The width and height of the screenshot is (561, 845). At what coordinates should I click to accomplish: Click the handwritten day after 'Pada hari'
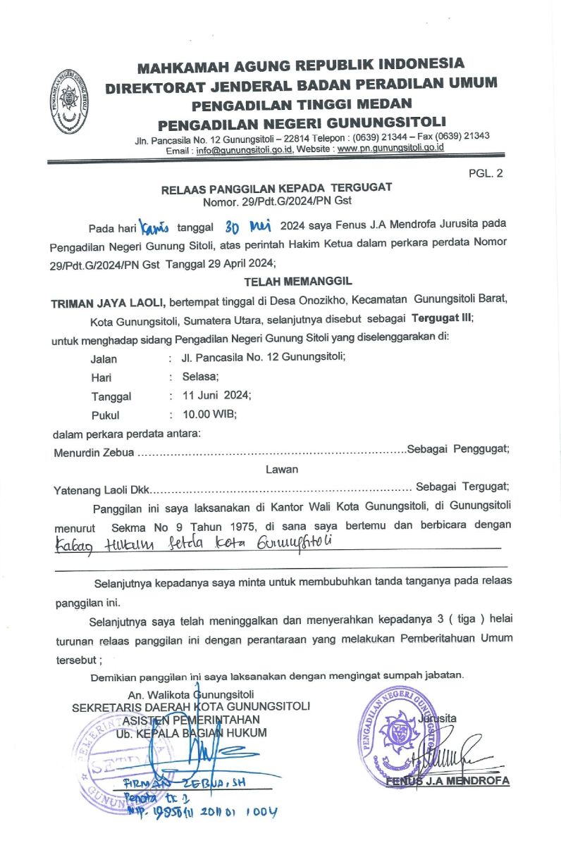pos(155,226)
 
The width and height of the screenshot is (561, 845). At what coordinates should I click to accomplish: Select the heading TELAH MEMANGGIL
pos(288,281)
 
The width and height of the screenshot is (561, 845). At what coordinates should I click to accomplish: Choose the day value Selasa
pos(200,376)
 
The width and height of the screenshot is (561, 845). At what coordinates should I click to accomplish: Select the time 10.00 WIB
pos(209,415)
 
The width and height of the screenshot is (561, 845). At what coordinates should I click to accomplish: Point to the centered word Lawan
pos(282,469)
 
